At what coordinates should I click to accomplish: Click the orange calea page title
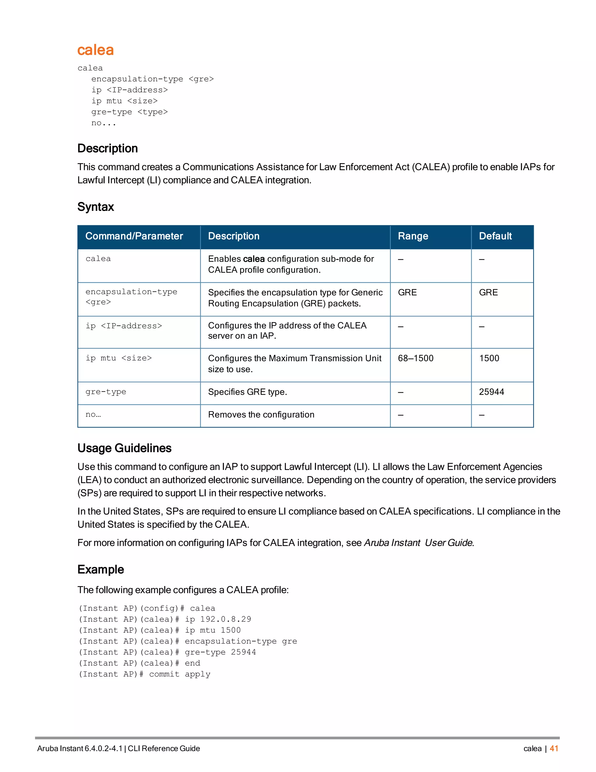[95, 50]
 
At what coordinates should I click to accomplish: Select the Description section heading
[107, 149]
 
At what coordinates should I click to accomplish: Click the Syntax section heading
[96, 207]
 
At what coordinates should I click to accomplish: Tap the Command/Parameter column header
[134, 236]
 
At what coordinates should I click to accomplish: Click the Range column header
[413, 236]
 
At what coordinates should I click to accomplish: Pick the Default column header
[495, 236]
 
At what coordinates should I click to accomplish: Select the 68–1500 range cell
[416, 358]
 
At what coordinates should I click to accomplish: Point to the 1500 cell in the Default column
[489, 358]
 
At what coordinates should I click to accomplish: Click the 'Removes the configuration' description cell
[261, 415]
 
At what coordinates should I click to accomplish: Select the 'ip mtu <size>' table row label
[119, 358]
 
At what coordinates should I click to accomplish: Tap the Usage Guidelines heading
[124, 448]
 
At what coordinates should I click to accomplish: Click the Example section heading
[101, 570]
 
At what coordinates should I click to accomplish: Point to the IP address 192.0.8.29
[225, 619]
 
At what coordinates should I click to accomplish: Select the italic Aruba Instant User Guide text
[418, 543]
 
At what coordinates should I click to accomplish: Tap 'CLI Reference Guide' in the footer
[164, 748]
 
